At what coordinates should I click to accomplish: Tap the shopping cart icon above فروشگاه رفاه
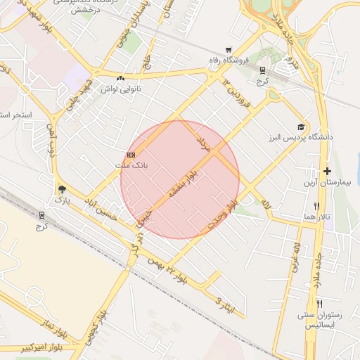229,49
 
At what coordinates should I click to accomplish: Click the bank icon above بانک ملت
131,155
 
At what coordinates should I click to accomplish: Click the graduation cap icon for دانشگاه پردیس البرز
301,127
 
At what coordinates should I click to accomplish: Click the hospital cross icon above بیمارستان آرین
327,171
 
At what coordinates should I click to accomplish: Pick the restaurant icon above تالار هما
317,206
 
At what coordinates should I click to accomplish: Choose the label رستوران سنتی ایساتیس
319,320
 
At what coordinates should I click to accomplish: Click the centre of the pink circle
180,179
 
